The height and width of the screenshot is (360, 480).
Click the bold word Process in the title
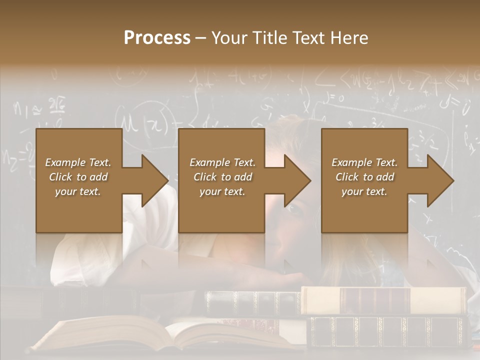pos(157,38)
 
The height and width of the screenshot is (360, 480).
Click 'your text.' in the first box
pos(78,191)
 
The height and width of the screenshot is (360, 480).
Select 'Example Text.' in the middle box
pos(222,162)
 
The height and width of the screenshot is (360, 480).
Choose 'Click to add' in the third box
pos(364,177)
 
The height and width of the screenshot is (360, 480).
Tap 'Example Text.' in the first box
pos(78,162)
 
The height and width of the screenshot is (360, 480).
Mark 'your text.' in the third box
pos(364,191)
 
